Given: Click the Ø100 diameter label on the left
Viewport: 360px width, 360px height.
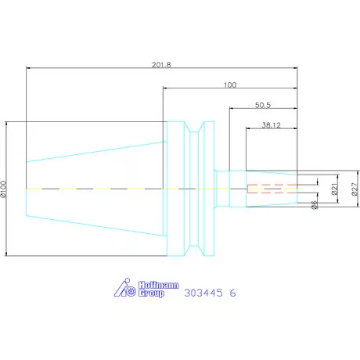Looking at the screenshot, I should [5, 188].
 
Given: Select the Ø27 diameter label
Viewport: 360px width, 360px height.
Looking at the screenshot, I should [353, 189].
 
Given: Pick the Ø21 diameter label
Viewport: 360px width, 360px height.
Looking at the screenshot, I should [334, 189].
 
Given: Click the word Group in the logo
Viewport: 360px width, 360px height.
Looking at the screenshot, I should [151, 296].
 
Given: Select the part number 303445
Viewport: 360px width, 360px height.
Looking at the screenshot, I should [204, 294].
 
